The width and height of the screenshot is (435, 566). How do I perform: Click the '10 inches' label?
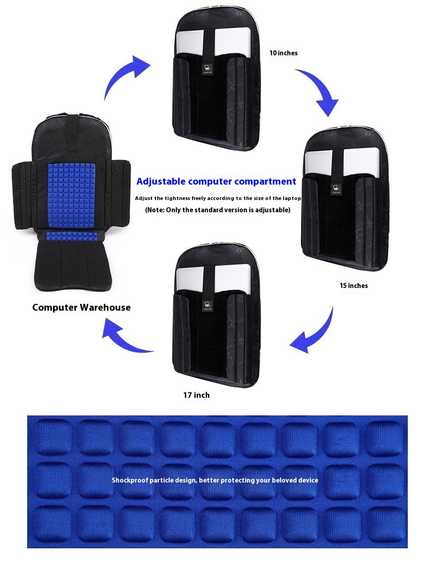pyautogui.click(x=283, y=53)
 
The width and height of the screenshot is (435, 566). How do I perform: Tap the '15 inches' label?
pyautogui.click(x=353, y=285)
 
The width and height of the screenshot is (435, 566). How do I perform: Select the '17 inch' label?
pyautogui.click(x=196, y=395)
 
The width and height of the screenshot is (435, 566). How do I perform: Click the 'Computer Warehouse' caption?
pyautogui.click(x=81, y=307)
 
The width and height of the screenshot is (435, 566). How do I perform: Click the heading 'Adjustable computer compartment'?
pyautogui.click(x=216, y=181)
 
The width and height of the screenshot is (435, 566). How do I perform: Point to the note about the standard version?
pyautogui.click(x=217, y=210)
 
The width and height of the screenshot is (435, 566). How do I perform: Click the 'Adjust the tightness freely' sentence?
pyautogui.click(x=217, y=198)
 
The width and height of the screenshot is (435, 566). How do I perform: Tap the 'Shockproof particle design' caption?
pyautogui.click(x=215, y=480)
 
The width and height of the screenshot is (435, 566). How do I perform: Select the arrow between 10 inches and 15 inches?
pyautogui.click(x=321, y=91)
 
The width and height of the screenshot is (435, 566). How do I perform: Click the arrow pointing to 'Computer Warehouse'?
pyautogui.click(x=125, y=336)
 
